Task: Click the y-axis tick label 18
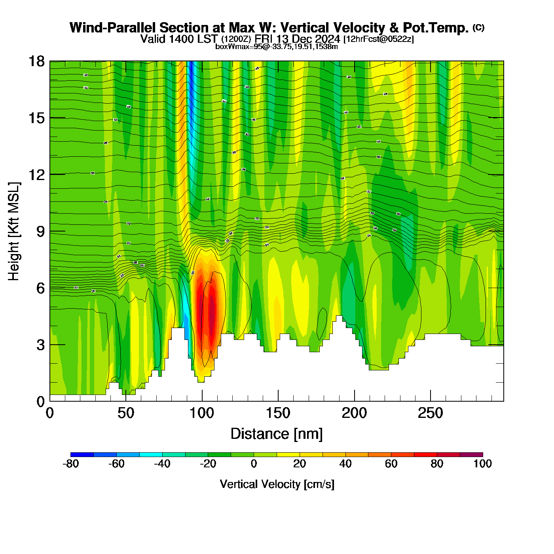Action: (x=36, y=61)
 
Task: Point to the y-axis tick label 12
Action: (x=36, y=175)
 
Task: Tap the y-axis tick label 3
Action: (x=41, y=345)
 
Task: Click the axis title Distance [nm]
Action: (x=277, y=434)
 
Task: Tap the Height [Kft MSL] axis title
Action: (x=14, y=231)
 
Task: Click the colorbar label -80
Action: (x=71, y=464)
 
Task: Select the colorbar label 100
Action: (x=482, y=464)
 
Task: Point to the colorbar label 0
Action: (x=254, y=464)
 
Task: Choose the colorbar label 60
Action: (x=391, y=464)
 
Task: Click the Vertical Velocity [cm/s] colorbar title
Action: (x=277, y=484)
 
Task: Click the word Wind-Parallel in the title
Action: (x=113, y=28)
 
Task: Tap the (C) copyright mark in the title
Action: (x=478, y=27)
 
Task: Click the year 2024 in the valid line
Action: (x=327, y=39)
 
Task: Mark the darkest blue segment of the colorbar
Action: (x=82, y=455)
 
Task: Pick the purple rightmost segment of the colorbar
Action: (x=471, y=455)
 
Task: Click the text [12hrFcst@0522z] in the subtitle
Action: (x=378, y=39)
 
